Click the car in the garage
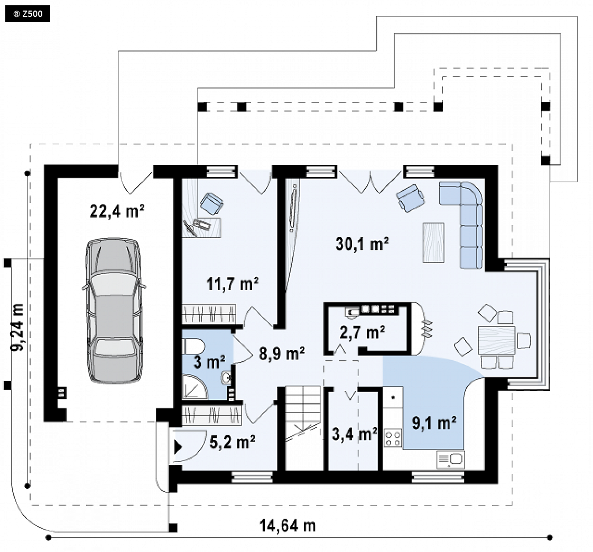114,311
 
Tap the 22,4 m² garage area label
117,211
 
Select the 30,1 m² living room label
363,244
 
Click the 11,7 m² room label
233,284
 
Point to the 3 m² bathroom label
209,362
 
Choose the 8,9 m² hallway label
282,354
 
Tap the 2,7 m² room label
363,332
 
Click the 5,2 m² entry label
232,442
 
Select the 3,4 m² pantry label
355,434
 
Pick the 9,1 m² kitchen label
434,423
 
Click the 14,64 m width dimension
288,526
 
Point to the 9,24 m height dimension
17,327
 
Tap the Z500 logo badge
27,14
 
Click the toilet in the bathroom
193,346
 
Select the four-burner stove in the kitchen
393,438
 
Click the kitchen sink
450,460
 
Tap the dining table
497,340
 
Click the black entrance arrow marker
178,447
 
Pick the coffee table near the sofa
433,242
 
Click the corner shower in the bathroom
195,387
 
